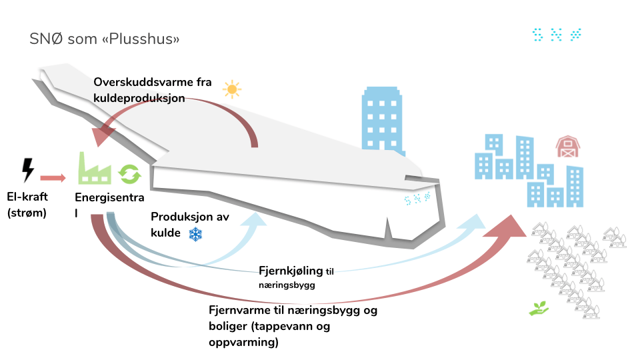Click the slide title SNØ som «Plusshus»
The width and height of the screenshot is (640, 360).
[105, 39]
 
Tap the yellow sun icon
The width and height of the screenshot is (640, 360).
[231, 89]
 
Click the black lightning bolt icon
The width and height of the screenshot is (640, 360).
[27, 170]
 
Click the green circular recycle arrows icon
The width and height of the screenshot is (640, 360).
[130, 174]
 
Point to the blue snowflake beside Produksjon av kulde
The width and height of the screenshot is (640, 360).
[195, 234]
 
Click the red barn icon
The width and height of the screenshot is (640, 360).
[567, 146]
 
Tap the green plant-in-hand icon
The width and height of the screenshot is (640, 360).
[539, 308]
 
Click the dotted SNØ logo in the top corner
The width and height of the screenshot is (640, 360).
[557, 35]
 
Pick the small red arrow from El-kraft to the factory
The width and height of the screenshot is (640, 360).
[53, 178]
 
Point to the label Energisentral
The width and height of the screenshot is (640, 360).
[110, 204]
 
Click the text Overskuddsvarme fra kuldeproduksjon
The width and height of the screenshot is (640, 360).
[153, 90]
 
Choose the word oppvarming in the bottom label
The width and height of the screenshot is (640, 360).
[244, 343]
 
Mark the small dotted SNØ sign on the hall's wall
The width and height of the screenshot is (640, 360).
[417, 198]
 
